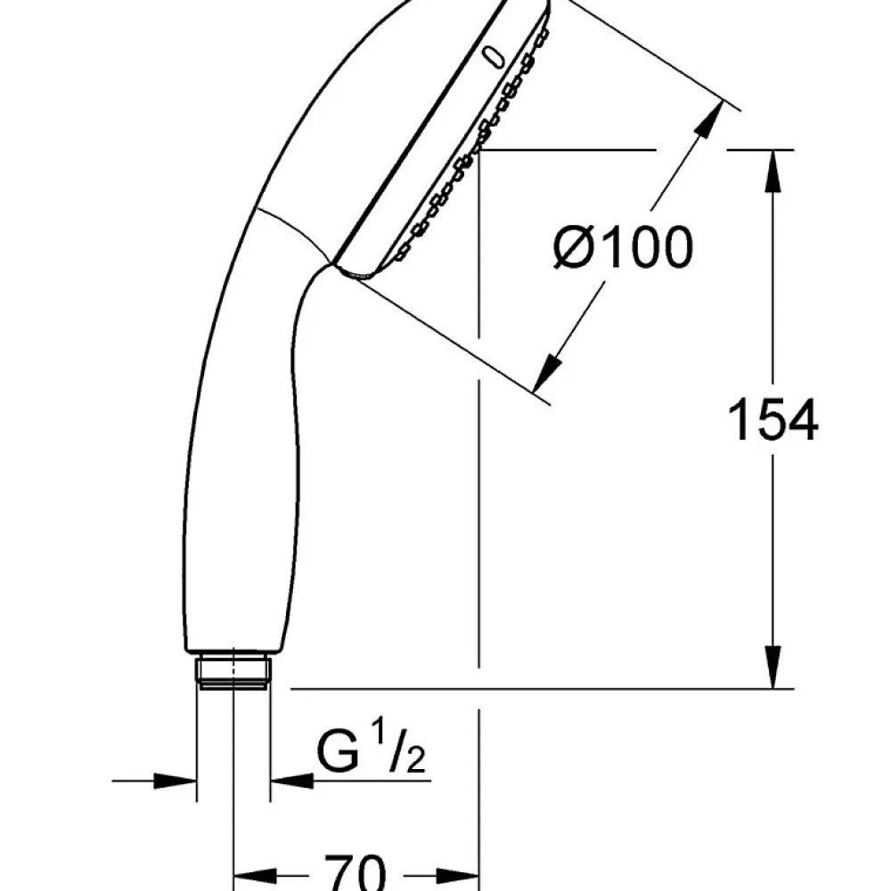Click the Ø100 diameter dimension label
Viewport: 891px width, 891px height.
tap(624, 247)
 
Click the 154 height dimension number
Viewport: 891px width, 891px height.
tap(772, 420)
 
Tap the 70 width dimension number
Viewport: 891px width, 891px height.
tap(355, 872)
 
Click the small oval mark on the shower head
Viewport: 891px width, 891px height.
tap(494, 57)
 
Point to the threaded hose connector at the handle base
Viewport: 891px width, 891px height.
tap(233, 673)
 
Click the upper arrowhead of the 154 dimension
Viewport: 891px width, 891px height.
tap(772, 171)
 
